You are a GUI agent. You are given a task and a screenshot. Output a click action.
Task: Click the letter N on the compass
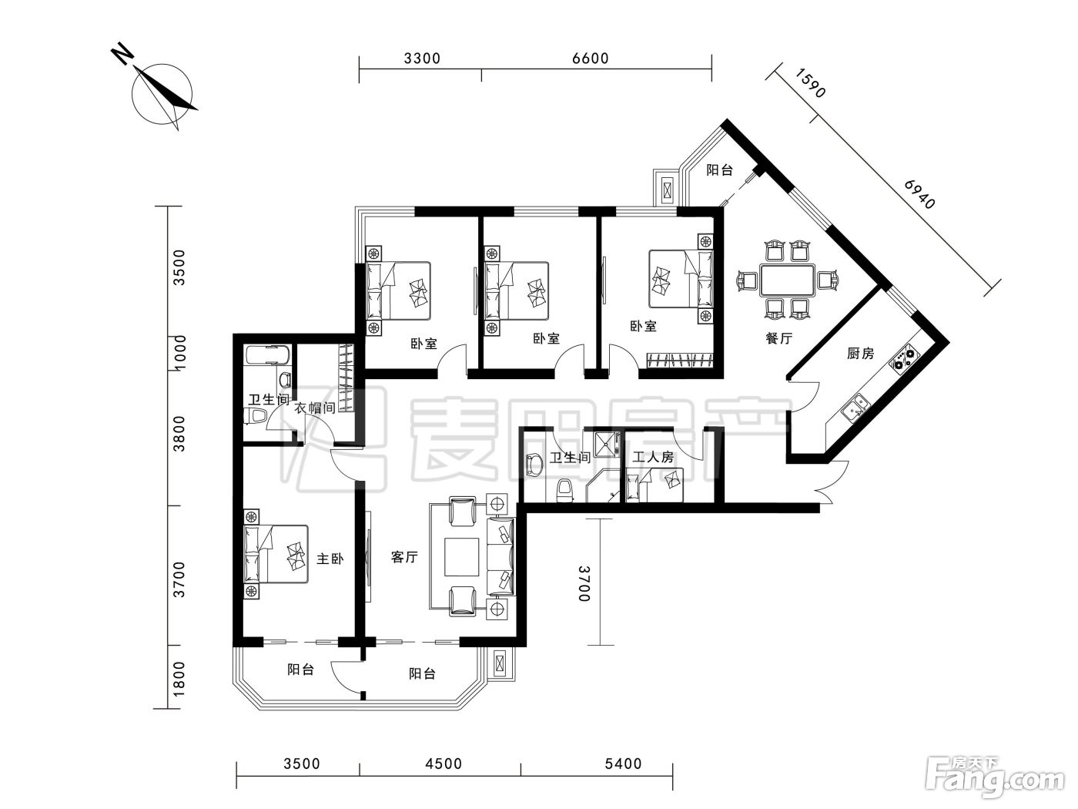tap(122, 54)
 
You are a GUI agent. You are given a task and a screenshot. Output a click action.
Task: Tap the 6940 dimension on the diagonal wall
tap(919, 194)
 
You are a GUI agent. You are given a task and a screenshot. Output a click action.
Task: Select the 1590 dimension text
tap(810, 82)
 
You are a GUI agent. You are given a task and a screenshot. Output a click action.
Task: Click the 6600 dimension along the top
tap(591, 59)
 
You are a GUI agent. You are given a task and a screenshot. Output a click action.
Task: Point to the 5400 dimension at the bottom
tap(623, 764)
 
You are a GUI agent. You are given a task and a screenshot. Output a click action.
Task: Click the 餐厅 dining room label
tap(779, 338)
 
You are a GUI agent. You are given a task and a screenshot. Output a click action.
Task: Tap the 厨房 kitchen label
tap(860, 353)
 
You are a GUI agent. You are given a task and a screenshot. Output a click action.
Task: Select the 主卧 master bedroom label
tap(330, 559)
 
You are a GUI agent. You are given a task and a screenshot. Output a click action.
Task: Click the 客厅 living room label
tap(404, 556)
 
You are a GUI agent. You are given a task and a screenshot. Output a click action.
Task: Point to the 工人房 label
tap(652, 458)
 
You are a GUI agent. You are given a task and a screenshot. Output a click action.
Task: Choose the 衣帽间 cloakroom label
tap(315, 408)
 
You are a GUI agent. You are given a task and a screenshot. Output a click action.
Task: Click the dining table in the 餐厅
tap(787, 280)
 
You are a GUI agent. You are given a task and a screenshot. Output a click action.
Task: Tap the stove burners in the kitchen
tap(904, 358)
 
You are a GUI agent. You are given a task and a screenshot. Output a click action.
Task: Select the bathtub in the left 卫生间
tap(265, 355)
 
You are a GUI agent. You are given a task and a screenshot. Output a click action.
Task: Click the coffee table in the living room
tap(462, 556)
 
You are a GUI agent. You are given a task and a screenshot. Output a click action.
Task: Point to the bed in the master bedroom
tap(276, 554)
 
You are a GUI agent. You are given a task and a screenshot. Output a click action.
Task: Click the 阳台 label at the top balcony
tap(719, 170)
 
